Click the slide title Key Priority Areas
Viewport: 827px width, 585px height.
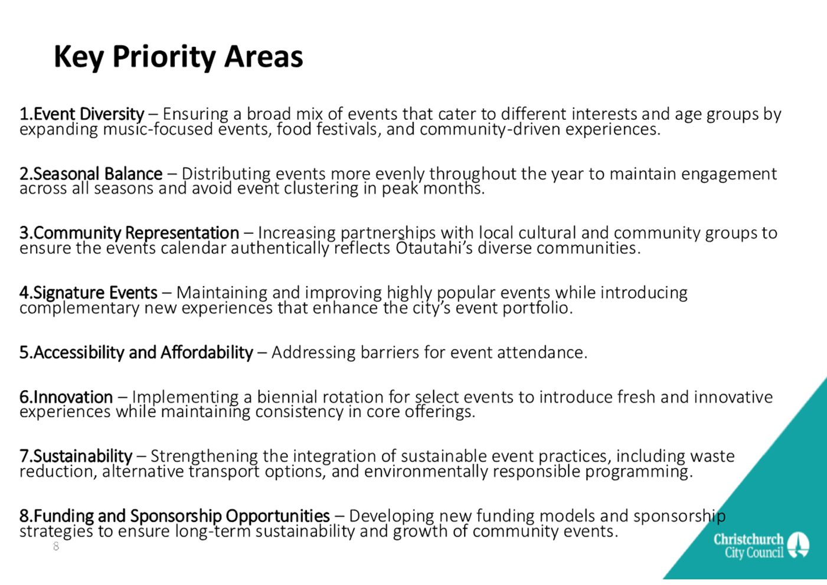click(x=178, y=57)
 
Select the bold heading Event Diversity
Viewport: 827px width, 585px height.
click(x=89, y=114)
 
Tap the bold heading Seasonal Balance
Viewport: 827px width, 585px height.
click(x=98, y=174)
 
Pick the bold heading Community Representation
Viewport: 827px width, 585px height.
click(x=136, y=233)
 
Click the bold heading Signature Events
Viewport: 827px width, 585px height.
click(x=95, y=293)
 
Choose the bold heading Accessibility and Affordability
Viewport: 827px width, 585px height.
click(x=143, y=352)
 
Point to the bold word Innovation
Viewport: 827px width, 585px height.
click(x=73, y=397)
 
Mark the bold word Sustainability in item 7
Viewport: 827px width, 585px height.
click(x=83, y=456)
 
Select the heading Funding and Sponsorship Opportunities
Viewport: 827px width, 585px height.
click(x=182, y=517)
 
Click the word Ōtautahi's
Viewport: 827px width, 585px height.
click(x=434, y=248)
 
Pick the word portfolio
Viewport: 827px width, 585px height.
click(x=538, y=308)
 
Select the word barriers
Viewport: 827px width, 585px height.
click(x=390, y=352)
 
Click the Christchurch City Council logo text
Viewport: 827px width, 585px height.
click(x=748, y=545)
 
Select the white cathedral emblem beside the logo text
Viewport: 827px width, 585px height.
click(x=798, y=545)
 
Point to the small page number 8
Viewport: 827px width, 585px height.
click(x=56, y=546)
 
